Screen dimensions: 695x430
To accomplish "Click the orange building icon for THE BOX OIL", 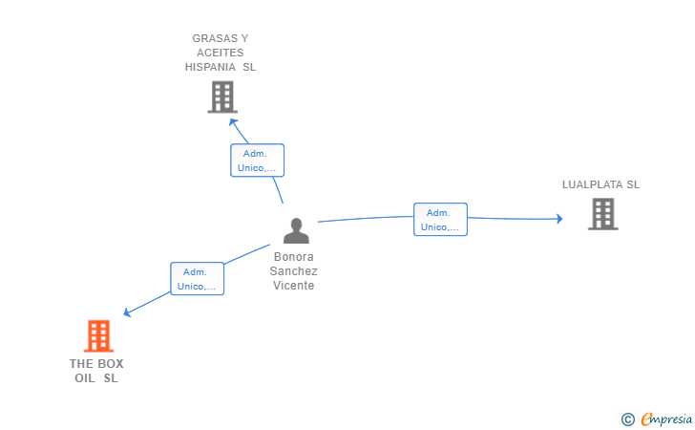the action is (98, 336).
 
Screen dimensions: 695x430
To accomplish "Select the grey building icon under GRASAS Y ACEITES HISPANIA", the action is (222, 97).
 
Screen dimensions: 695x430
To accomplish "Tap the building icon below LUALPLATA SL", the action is (602, 214).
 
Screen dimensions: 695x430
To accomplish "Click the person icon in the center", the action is (296, 230).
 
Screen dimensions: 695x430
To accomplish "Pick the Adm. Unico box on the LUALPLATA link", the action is (440, 219).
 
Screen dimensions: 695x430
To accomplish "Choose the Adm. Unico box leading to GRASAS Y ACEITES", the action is (257, 161).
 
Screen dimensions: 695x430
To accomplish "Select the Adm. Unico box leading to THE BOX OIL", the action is (198, 279).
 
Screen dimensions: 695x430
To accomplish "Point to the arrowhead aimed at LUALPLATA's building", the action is (559, 218).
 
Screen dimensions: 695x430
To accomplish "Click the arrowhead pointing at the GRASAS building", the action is (233, 122).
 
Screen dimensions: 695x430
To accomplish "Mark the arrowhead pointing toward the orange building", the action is (127, 312).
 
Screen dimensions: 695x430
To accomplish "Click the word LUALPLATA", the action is (593, 184).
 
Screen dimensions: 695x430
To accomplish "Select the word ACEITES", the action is (221, 53).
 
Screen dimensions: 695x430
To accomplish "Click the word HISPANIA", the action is (210, 67).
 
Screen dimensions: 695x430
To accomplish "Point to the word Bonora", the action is (293, 257).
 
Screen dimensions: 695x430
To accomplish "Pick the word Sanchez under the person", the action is (293, 271).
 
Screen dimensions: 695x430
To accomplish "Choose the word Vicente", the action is (293, 286).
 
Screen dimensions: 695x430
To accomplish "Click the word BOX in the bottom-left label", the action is (111, 364).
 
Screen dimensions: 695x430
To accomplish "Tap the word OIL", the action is (85, 378).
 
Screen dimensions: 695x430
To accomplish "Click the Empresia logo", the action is (657, 419).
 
